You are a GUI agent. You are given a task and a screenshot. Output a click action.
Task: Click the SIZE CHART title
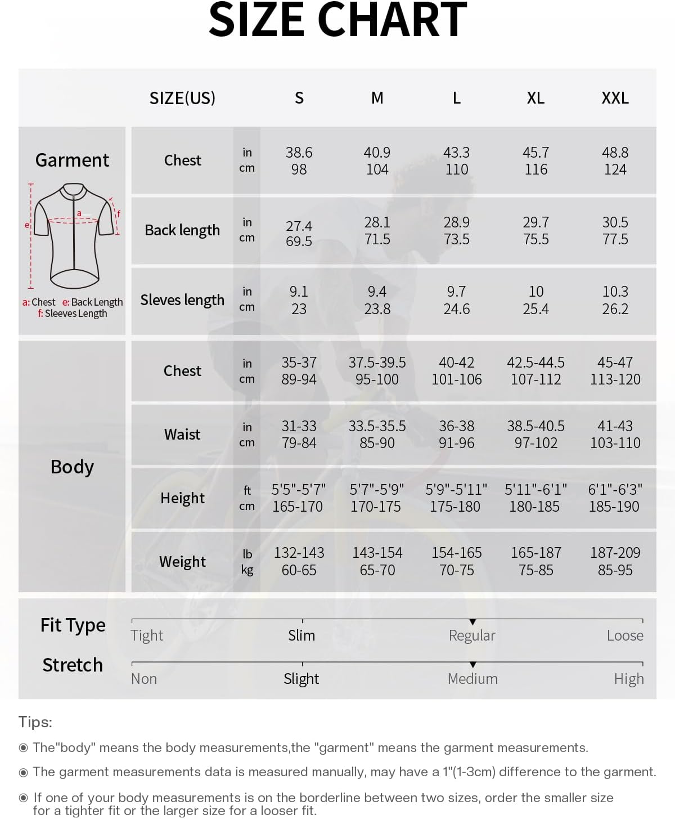pyautogui.click(x=337, y=20)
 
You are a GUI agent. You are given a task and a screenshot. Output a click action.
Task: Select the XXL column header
pyautogui.click(x=615, y=98)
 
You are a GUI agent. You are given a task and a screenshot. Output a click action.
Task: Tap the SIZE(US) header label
pyautogui.click(x=182, y=98)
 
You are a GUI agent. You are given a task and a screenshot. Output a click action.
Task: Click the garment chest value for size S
pyautogui.click(x=299, y=160)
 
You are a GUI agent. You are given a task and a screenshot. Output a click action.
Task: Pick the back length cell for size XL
pyautogui.click(x=535, y=230)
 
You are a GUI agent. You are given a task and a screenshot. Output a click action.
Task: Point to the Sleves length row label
pyautogui.click(x=182, y=300)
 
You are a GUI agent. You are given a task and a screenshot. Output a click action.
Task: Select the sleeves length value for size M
pyautogui.click(x=377, y=300)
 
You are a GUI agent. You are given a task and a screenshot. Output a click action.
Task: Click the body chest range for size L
pyautogui.click(x=456, y=370)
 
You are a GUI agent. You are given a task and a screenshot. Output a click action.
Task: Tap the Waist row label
pyautogui.click(x=182, y=434)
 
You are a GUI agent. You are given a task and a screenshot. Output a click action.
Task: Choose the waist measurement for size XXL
pyautogui.click(x=615, y=434)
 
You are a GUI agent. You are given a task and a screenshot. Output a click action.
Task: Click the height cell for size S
pyautogui.click(x=298, y=498)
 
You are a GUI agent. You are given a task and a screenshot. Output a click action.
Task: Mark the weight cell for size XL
pyautogui.click(x=535, y=561)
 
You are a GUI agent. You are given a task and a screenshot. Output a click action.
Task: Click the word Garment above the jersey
pyautogui.click(x=72, y=160)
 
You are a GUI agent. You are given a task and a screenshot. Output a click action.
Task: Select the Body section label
pyautogui.click(x=72, y=467)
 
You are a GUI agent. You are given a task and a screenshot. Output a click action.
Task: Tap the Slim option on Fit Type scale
pyautogui.click(x=301, y=635)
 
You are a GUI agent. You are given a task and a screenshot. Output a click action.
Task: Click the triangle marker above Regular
pyautogui.click(x=472, y=622)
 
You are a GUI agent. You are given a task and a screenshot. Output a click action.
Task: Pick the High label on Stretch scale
pyautogui.click(x=628, y=679)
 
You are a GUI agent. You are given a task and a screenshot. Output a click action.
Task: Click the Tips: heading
pyautogui.click(x=35, y=722)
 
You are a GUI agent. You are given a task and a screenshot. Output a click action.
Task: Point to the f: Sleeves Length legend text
pyautogui.click(x=73, y=314)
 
